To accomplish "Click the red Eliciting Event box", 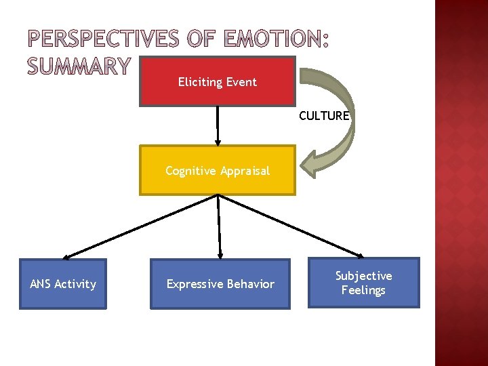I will pos(217,81).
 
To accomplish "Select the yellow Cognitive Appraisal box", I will pos(218,170).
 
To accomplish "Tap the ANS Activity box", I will pos(63,284).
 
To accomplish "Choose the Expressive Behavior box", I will pos(220,284).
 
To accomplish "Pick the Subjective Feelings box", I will pos(364,283).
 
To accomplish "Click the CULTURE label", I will pos(324,116).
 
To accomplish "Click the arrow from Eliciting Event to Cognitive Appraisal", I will pos(217,125).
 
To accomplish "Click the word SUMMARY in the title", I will pos(78,66).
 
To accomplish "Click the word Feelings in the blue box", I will pos(363,290).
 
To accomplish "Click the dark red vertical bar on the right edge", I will pos(461,183).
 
